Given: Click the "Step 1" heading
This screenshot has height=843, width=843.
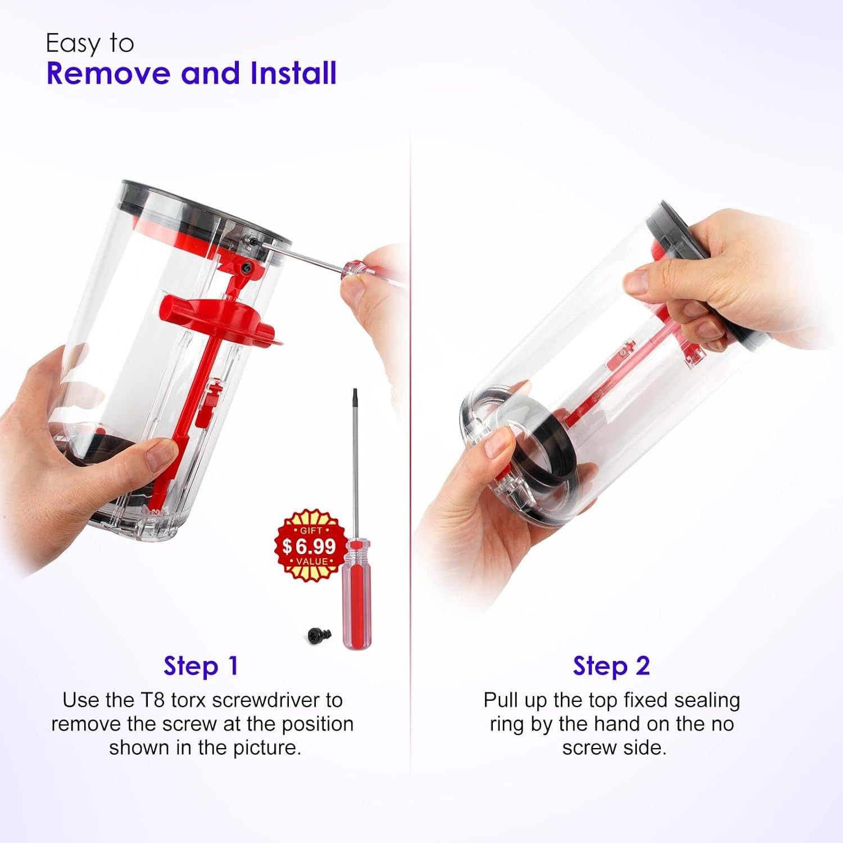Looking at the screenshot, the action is [x=201, y=666].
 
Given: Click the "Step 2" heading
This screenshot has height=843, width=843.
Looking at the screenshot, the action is [x=611, y=666].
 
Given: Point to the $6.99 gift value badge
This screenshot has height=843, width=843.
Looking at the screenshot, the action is [x=310, y=545].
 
